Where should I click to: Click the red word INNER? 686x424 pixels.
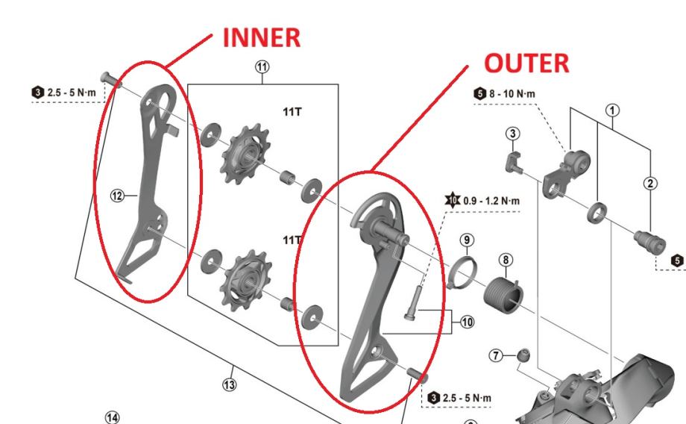coord(262,37)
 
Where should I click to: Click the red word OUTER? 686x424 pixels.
coord(526,63)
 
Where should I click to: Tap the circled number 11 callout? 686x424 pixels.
coord(262,67)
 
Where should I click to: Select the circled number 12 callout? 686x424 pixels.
coord(117,196)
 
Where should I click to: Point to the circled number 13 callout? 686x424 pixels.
coord(229,384)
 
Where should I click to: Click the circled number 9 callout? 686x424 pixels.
coord(467,240)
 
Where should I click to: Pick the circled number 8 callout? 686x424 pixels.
coord(506,261)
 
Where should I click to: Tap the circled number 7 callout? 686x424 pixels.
coord(496,355)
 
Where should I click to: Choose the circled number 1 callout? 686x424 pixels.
coord(612,110)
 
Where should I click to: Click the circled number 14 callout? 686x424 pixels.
coord(113,417)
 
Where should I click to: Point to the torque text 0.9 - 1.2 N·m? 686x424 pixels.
coord(491,201)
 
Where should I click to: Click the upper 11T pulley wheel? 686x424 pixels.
coord(245,153)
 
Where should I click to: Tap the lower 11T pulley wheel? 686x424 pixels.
coord(248,281)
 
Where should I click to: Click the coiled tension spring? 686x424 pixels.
coord(503,295)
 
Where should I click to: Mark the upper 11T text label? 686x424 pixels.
coord(292,112)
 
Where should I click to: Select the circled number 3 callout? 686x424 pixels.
coord(513,134)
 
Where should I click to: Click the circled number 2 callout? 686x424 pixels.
coord(650,183)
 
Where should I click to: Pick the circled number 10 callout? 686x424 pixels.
coord(467,322)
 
